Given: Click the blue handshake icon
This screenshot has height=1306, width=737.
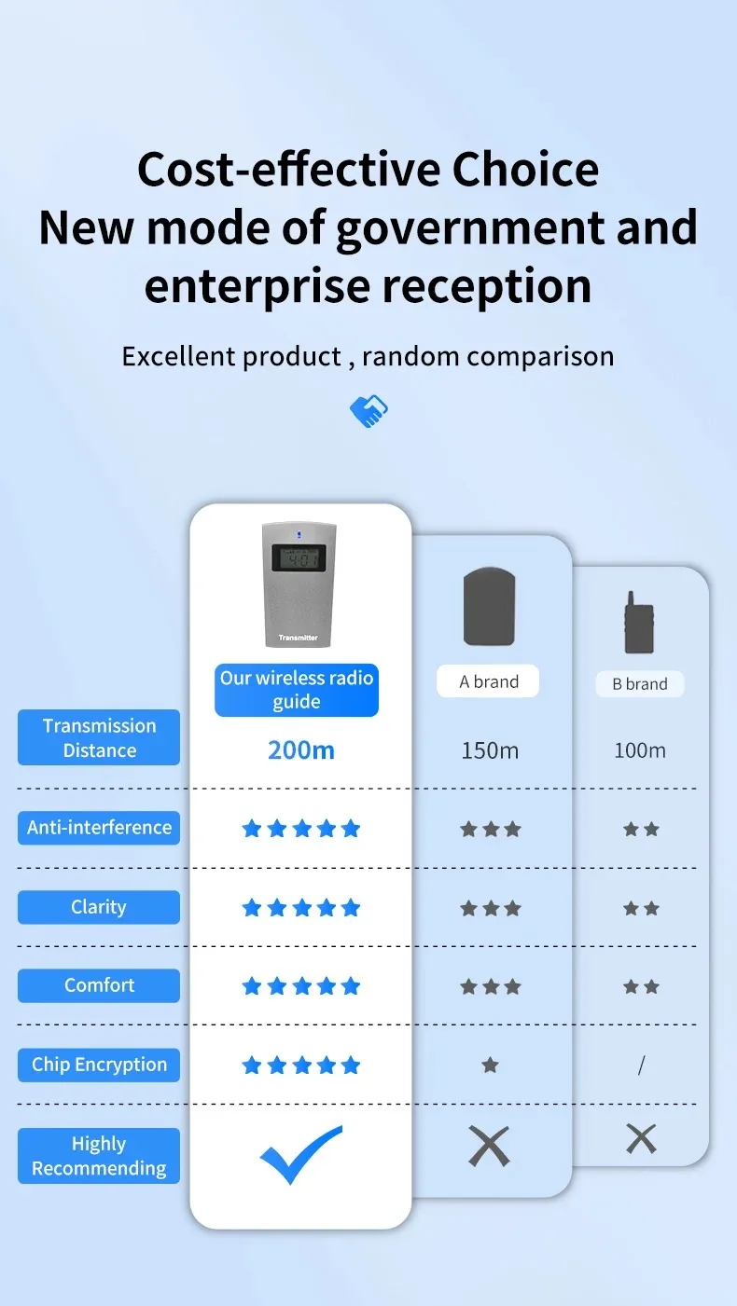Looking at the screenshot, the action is pos(368,410).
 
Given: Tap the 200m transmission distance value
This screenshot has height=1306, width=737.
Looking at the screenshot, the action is pos(300,750).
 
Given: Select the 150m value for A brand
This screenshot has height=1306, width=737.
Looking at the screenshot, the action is pos(490,750).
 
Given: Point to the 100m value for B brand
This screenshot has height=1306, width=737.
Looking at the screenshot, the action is pos(640,750).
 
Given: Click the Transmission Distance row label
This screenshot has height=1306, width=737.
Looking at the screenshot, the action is pos(99,737).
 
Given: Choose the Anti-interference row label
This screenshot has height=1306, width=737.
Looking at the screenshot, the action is pos(99,828).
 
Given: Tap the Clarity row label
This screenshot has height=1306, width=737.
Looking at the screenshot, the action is pos(99,907).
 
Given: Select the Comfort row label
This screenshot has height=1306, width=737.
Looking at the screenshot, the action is pos(99,985).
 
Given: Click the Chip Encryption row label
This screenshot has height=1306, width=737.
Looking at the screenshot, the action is pos(99,1065).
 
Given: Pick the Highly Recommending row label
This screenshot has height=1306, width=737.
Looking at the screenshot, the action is pos(99,1156).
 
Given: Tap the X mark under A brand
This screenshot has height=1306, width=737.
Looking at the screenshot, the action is pos(489,1147).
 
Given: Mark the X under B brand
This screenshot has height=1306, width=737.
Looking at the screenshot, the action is pos(641,1139).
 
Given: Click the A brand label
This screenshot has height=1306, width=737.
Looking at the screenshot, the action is pos(488,681).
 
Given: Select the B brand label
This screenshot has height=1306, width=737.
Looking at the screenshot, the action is pos(640,684).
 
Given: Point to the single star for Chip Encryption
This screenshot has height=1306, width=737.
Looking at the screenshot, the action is pos(490,1065).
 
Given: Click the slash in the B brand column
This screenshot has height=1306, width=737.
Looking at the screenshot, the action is pos(641,1065).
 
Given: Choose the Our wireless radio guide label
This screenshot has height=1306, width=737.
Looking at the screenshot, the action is pos(297,690).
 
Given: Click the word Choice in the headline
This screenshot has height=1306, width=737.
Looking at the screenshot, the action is pos(525,170).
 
